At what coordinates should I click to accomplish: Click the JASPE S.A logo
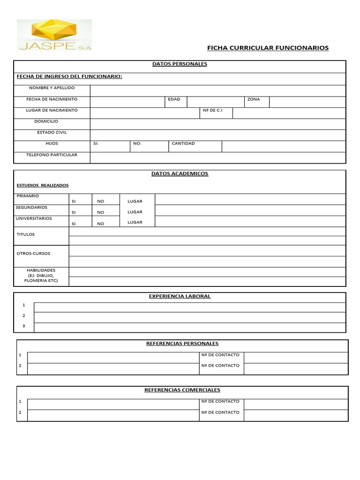[54, 35]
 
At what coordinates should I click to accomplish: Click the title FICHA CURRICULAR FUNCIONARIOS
[268, 48]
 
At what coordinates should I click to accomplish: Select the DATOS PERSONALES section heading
[180, 64]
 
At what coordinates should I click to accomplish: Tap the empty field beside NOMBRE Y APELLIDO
[217, 90]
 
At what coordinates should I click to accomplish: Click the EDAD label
[174, 99]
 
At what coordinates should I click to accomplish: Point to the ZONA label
[253, 99]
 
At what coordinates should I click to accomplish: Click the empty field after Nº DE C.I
[289, 113]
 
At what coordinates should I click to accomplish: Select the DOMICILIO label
[46, 121]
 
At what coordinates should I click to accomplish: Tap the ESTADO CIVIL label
[52, 132]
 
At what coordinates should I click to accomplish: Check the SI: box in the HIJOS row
[110, 146]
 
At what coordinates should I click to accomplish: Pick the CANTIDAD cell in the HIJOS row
[195, 146]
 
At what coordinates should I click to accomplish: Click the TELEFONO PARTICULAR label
[52, 155]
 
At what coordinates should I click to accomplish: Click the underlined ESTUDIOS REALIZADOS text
[42, 185]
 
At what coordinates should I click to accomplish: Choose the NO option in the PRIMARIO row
[101, 201]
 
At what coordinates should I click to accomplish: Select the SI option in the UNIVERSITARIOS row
[74, 224]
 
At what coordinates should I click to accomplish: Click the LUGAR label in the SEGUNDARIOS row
[135, 212]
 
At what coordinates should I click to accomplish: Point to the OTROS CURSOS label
[33, 254]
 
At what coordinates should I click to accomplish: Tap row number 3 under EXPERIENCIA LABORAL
[24, 326]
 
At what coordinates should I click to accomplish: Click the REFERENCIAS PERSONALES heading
[182, 344]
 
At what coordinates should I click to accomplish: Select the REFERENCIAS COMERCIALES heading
[182, 390]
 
